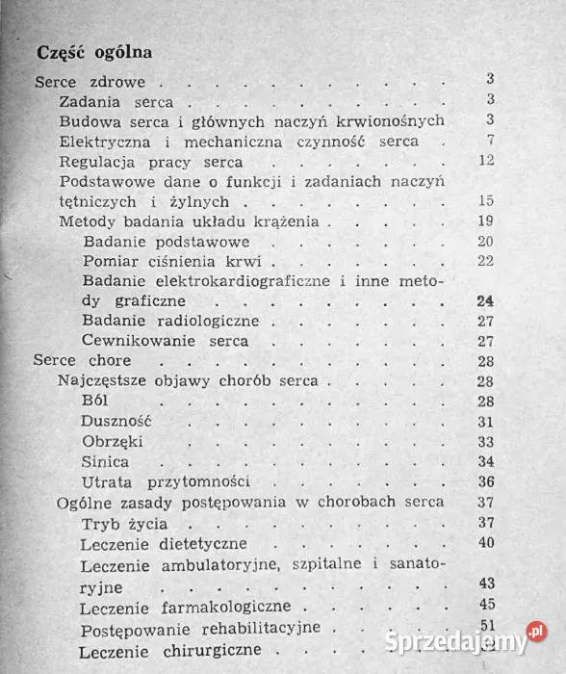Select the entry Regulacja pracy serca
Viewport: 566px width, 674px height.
(150, 161)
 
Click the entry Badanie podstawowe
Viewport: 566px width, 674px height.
(167, 241)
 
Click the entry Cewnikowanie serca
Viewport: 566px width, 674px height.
(166, 341)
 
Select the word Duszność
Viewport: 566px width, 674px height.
(118, 422)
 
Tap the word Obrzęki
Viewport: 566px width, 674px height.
(114, 441)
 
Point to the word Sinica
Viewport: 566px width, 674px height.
(106, 461)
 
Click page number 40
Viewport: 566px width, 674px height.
(485, 543)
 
